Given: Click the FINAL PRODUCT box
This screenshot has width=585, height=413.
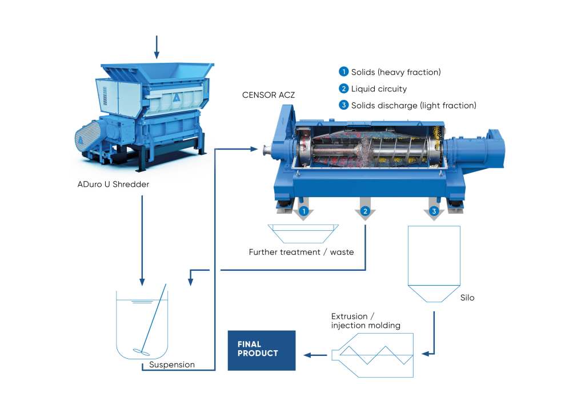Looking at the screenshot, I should tap(262, 350).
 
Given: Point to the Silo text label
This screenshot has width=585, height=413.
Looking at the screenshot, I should tap(467, 298).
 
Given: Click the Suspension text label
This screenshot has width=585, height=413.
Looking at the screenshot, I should tap(172, 364).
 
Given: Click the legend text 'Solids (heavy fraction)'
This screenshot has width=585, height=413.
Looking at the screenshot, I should tap(396, 72).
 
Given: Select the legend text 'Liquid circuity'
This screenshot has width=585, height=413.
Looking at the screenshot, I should tap(379, 89).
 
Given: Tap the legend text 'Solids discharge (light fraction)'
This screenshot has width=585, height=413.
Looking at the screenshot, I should tap(414, 105).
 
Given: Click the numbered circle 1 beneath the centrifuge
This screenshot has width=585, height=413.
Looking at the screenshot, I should tap(304, 212).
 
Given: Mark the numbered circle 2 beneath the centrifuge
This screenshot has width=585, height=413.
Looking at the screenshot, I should tap(365, 212).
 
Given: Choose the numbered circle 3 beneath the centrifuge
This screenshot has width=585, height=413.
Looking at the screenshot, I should tap(434, 212).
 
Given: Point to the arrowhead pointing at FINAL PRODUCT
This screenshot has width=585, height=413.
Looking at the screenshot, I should tap(307, 355).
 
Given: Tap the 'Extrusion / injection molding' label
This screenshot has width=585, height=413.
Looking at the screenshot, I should tap(366, 321).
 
